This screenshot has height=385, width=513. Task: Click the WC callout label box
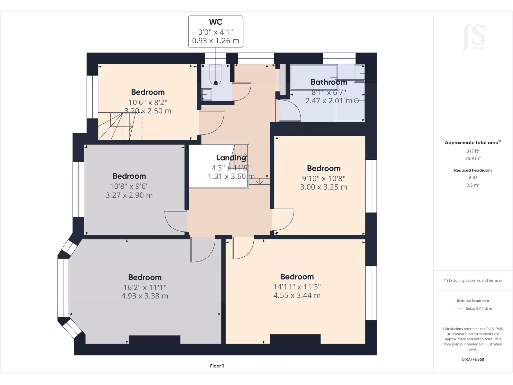(x=215, y=31)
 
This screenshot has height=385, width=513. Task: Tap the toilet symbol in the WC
(x=216, y=74)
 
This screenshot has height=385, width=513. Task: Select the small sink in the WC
(x=207, y=94)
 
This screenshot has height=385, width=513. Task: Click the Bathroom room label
(x=329, y=82)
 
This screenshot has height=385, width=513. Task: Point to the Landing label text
(x=231, y=158)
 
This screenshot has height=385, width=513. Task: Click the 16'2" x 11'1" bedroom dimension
(x=145, y=287)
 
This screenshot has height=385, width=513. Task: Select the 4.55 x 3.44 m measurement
(x=297, y=296)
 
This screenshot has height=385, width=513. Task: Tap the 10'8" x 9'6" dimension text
(x=129, y=186)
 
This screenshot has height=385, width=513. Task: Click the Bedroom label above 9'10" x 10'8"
(x=324, y=169)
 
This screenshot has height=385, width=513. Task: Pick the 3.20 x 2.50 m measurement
(x=148, y=111)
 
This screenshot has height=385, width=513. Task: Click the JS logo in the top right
(x=473, y=37)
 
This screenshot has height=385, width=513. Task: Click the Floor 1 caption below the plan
(x=217, y=366)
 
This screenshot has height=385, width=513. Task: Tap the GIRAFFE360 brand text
(x=473, y=359)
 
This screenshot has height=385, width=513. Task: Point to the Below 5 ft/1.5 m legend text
(x=479, y=309)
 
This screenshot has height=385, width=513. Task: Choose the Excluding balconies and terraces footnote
(x=473, y=280)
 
